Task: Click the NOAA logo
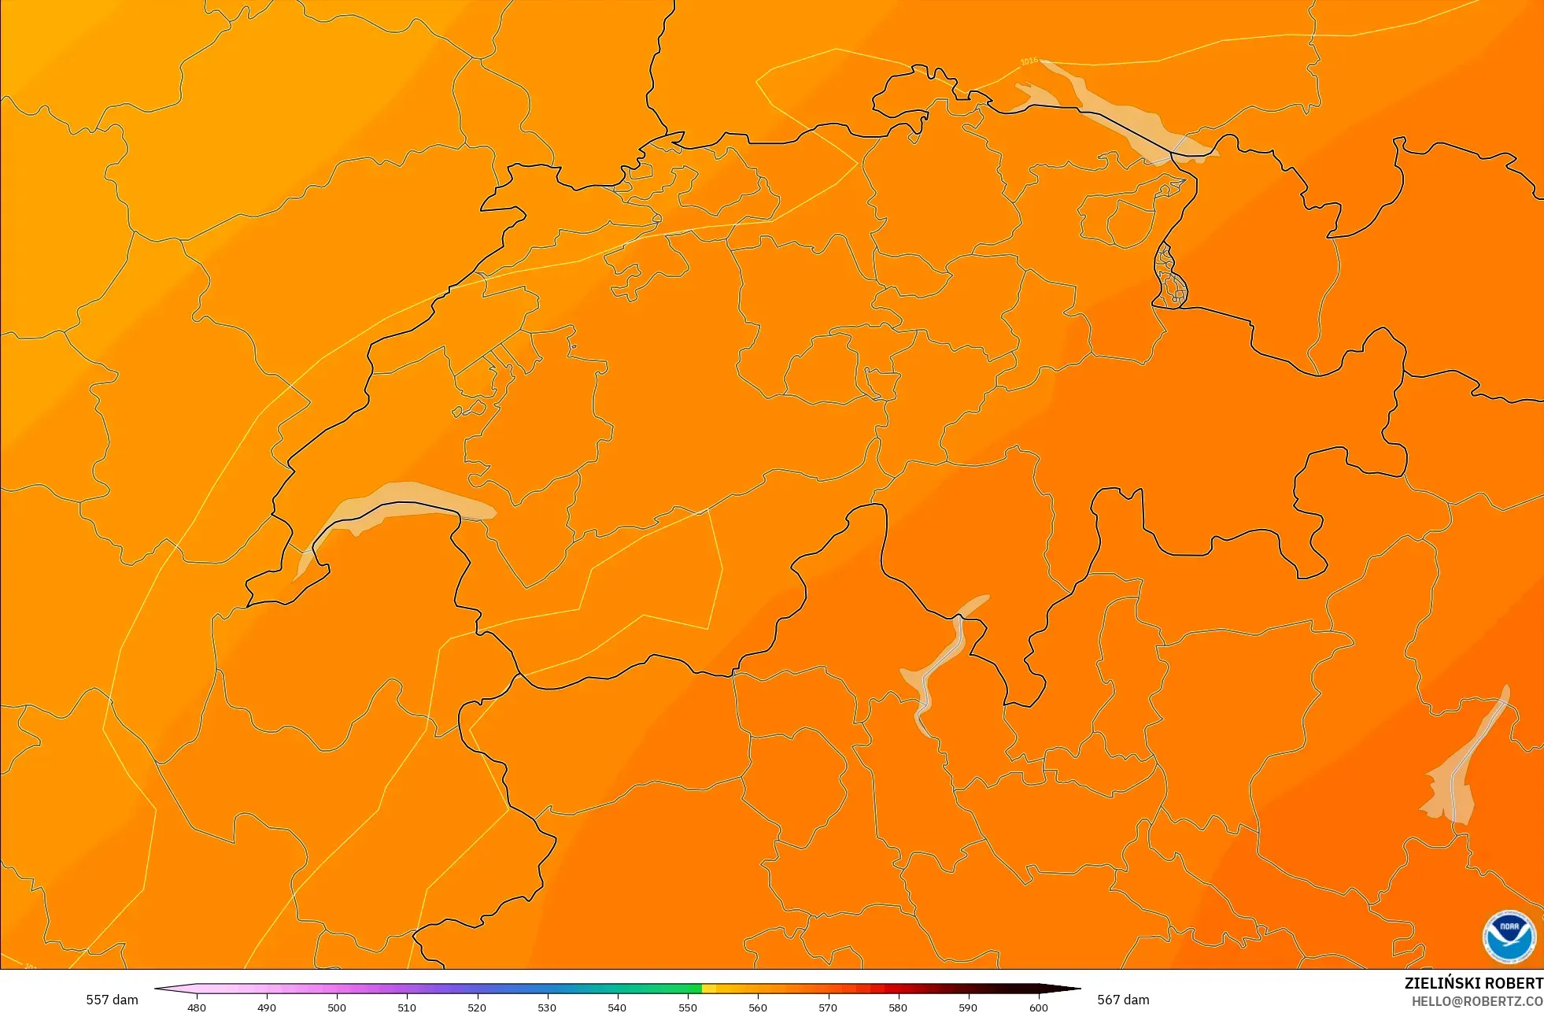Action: coord(1509,937)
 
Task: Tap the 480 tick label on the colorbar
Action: coord(197,1007)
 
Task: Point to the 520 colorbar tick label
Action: coord(477,1007)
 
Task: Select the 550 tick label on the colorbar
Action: coord(688,1007)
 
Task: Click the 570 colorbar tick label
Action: coord(828,1007)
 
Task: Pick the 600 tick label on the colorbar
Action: coord(1039,1007)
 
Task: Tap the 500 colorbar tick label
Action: coord(337,1007)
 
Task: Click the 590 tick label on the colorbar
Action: coord(968,1007)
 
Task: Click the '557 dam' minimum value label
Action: coord(112,1000)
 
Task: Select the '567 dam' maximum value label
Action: coord(1123,1000)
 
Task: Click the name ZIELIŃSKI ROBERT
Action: coord(1473,983)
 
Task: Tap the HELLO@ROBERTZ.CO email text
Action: coord(1476,1001)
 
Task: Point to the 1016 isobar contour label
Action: coord(1029,61)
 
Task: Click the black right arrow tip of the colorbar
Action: coord(1070,989)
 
